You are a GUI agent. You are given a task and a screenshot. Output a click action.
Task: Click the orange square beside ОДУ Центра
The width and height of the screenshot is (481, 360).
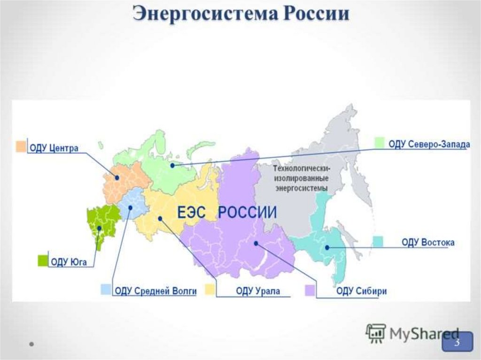click(21, 146)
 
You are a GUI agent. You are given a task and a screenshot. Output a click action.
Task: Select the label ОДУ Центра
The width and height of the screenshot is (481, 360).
click(54, 149)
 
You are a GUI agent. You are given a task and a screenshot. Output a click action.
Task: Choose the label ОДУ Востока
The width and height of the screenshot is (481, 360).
click(428, 243)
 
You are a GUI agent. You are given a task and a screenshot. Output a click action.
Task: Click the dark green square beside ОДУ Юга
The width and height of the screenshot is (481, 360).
click(43, 260)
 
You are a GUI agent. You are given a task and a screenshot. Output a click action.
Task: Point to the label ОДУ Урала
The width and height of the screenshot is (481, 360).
click(258, 291)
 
